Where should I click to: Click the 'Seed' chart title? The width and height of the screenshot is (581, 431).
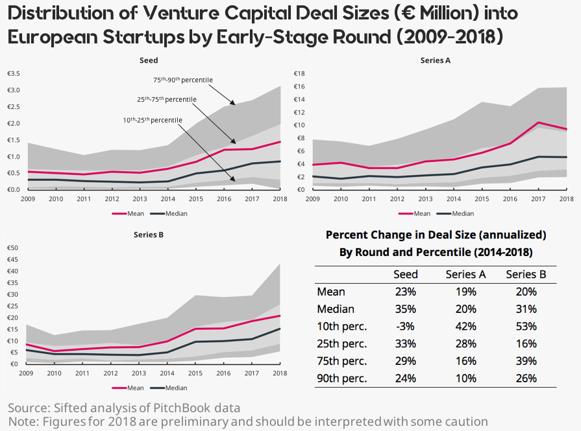click(x=149, y=60)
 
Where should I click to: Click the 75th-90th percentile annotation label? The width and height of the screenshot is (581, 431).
click(x=182, y=80)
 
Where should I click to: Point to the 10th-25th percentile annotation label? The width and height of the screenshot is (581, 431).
click(x=153, y=120)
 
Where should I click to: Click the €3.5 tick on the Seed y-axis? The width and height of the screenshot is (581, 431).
click(x=14, y=73)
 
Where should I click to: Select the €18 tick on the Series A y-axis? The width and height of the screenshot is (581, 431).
click(x=301, y=73)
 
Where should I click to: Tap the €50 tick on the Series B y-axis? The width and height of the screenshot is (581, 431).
click(x=12, y=248)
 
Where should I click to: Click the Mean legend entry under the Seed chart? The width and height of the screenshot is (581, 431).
click(x=127, y=213)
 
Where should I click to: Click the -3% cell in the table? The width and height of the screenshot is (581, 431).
click(x=406, y=326)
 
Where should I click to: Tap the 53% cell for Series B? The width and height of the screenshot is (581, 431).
click(x=526, y=326)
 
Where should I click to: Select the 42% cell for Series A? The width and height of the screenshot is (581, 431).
click(x=465, y=326)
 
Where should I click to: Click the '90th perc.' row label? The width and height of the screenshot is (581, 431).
click(x=341, y=378)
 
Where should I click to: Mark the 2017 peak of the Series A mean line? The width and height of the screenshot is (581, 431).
click(x=538, y=122)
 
